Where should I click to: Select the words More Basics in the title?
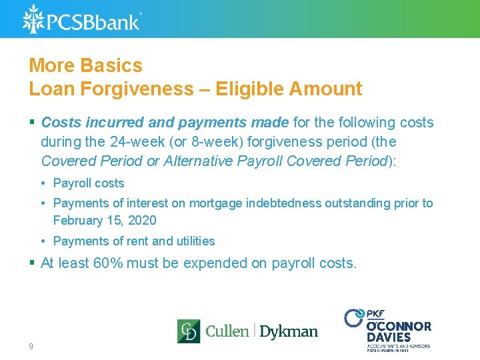coord(85,65)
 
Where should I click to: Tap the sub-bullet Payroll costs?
coord(89,183)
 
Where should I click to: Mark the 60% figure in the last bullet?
coord(108,263)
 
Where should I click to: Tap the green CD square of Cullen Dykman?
coord(189,331)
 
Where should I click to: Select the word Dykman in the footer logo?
coord(288,331)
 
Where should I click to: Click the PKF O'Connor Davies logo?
coord(388,329)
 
